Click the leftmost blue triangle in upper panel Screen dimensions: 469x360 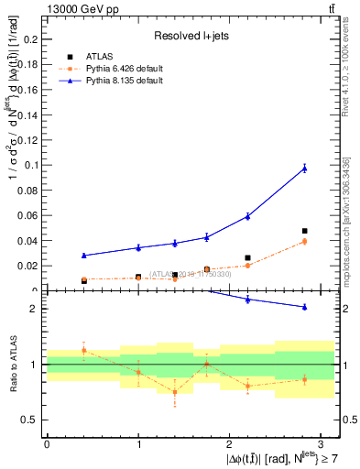(83, 256)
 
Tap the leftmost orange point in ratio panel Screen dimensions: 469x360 (83, 350)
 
